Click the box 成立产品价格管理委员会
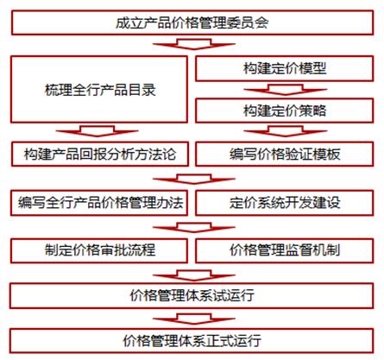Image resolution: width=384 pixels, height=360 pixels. point(192,22)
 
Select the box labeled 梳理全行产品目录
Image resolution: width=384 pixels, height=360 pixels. point(99,90)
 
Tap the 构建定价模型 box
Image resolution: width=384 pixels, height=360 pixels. point(285,68)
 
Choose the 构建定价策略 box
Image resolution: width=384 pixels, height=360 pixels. point(285,111)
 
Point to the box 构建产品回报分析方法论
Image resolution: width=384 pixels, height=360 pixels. point(100,154)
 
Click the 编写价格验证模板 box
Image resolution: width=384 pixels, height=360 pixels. point(285,154)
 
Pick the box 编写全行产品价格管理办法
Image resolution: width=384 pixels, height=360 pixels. point(99,203)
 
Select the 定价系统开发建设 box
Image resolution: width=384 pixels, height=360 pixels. point(285,203)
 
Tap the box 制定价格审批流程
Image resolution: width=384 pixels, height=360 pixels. point(99,250)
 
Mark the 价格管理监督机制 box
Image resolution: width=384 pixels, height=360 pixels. point(285,250)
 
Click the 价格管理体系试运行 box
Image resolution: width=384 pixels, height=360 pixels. point(192,296)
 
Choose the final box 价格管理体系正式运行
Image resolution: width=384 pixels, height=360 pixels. point(192,341)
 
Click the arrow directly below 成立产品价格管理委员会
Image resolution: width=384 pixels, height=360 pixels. point(194,44)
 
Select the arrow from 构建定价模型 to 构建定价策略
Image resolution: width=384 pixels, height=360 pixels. point(286,90)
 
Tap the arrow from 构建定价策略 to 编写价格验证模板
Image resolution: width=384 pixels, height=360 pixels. point(286,131)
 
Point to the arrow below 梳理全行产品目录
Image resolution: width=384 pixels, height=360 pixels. point(98,131)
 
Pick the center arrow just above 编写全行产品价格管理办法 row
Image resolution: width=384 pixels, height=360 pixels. point(194,179)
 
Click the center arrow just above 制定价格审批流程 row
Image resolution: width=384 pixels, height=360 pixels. point(194,227)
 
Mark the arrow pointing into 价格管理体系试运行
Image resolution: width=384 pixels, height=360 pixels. point(194,275)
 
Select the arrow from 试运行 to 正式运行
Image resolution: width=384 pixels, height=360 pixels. point(194,319)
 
